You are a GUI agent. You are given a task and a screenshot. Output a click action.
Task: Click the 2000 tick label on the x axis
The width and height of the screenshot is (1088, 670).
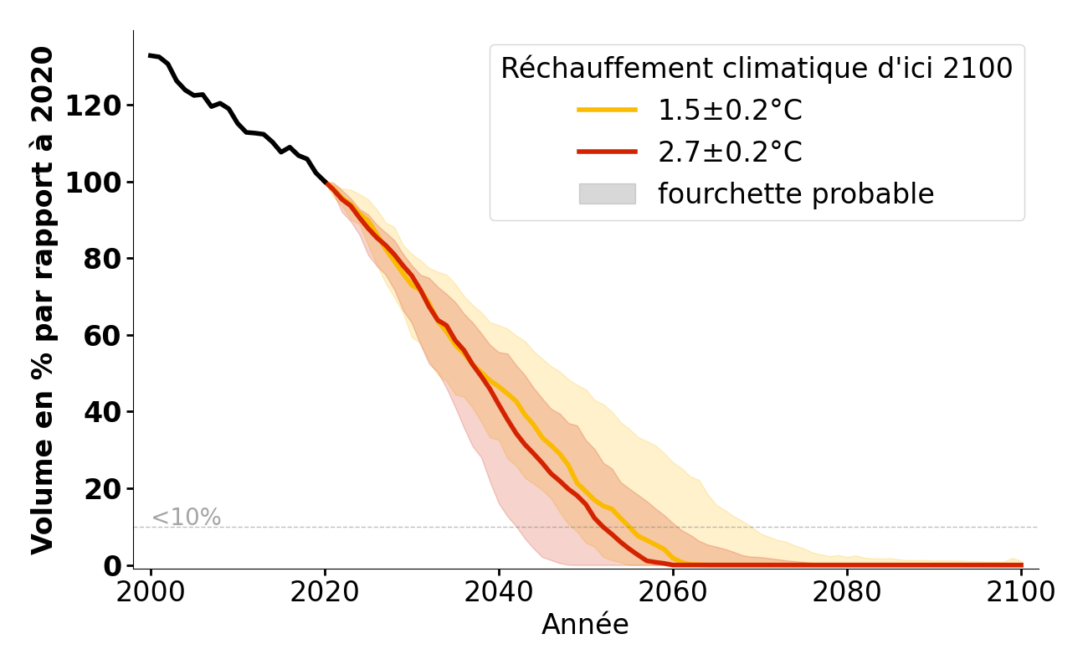151,592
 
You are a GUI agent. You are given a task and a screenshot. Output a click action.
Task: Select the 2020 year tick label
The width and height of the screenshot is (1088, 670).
325,592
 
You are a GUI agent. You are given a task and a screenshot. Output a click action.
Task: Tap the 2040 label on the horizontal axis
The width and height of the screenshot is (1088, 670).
499,592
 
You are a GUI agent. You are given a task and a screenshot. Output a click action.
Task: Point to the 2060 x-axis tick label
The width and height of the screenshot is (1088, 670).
673,592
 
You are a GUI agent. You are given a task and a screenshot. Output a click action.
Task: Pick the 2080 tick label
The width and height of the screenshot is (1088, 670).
847,592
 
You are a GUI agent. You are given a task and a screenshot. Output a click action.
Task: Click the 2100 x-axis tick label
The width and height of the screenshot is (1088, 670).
1020,592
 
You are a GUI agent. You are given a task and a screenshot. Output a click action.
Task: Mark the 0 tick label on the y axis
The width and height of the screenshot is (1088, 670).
112,566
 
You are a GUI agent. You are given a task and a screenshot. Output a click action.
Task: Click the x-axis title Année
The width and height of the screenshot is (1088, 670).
585,625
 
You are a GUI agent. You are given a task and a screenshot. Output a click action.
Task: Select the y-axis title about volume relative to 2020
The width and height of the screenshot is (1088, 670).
42,300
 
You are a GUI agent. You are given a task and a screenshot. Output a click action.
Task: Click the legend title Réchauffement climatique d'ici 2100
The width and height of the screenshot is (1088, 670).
757,69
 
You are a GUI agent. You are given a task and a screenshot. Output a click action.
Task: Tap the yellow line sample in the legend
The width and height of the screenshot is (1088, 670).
607,110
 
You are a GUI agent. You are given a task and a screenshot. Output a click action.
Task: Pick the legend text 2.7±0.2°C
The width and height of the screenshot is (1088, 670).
730,152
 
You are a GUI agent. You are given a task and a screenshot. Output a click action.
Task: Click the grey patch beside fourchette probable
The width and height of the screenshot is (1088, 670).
607,193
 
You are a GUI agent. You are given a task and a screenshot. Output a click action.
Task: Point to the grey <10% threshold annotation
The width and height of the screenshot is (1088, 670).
186,518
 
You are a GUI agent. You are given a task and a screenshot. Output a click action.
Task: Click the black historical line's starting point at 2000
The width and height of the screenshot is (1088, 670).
151,55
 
